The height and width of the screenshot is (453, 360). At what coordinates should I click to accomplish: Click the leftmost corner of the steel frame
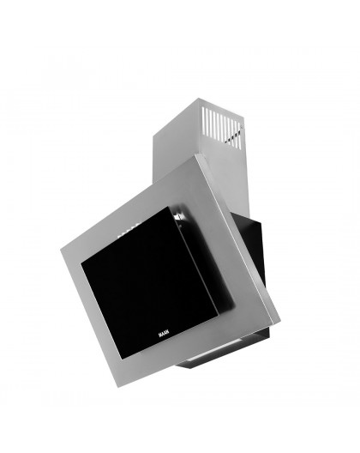coord(61,250)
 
